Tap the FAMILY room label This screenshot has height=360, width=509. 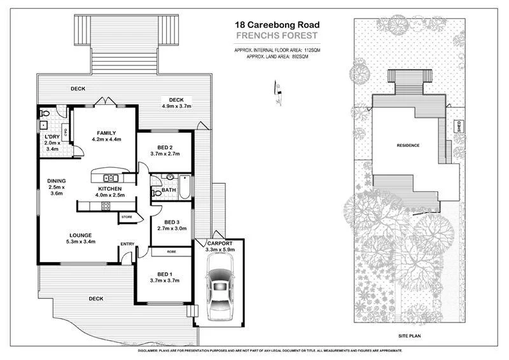pos(106,132)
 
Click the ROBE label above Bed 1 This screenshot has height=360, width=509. pos(171,251)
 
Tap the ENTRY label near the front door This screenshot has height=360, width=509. pos(127,244)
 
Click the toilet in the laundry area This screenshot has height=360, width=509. pos(44,114)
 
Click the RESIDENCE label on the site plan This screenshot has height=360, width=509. pos(408,145)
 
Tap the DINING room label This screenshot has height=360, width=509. pos(56,181)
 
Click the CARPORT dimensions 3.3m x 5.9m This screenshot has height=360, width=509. pos(220,250)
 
